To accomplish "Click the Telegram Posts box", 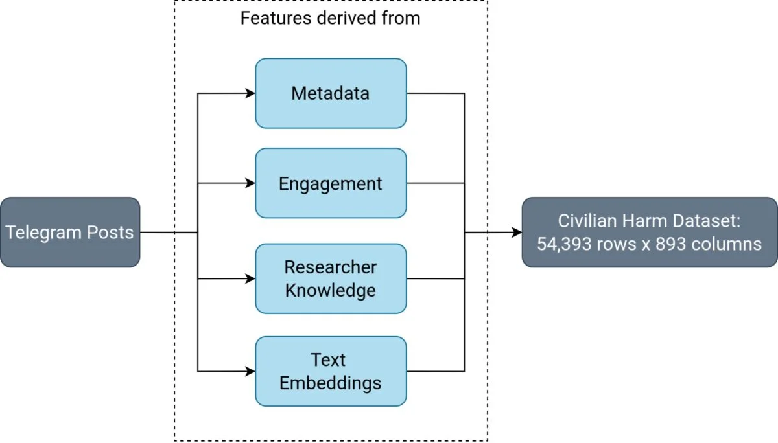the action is coord(70,232).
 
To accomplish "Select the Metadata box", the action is coord(331,93).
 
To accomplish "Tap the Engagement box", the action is coord(331,183).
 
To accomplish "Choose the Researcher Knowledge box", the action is coord(331,278).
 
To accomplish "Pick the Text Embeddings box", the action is coord(331,371).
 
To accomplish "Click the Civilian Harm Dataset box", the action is coord(650,232).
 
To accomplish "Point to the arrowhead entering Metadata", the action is coord(250,93).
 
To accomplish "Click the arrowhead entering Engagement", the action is coord(250,183).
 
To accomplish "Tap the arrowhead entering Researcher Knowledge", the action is coord(250,278).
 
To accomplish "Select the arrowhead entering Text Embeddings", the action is coord(250,371).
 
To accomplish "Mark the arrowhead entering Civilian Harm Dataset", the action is coord(517,232).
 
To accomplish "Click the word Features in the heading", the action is coord(276,18).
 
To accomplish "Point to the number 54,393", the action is coord(564,244).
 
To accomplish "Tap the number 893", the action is coord(670,244).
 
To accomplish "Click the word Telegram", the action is coord(43,233).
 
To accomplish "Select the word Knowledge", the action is coord(330,290).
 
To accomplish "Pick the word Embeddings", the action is coord(330,383).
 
